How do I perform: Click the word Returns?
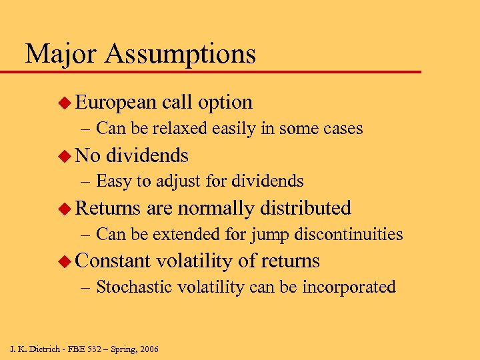(x=108, y=208)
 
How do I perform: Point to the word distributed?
(x=306, y=208)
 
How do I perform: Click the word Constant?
(x=113, y=261)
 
